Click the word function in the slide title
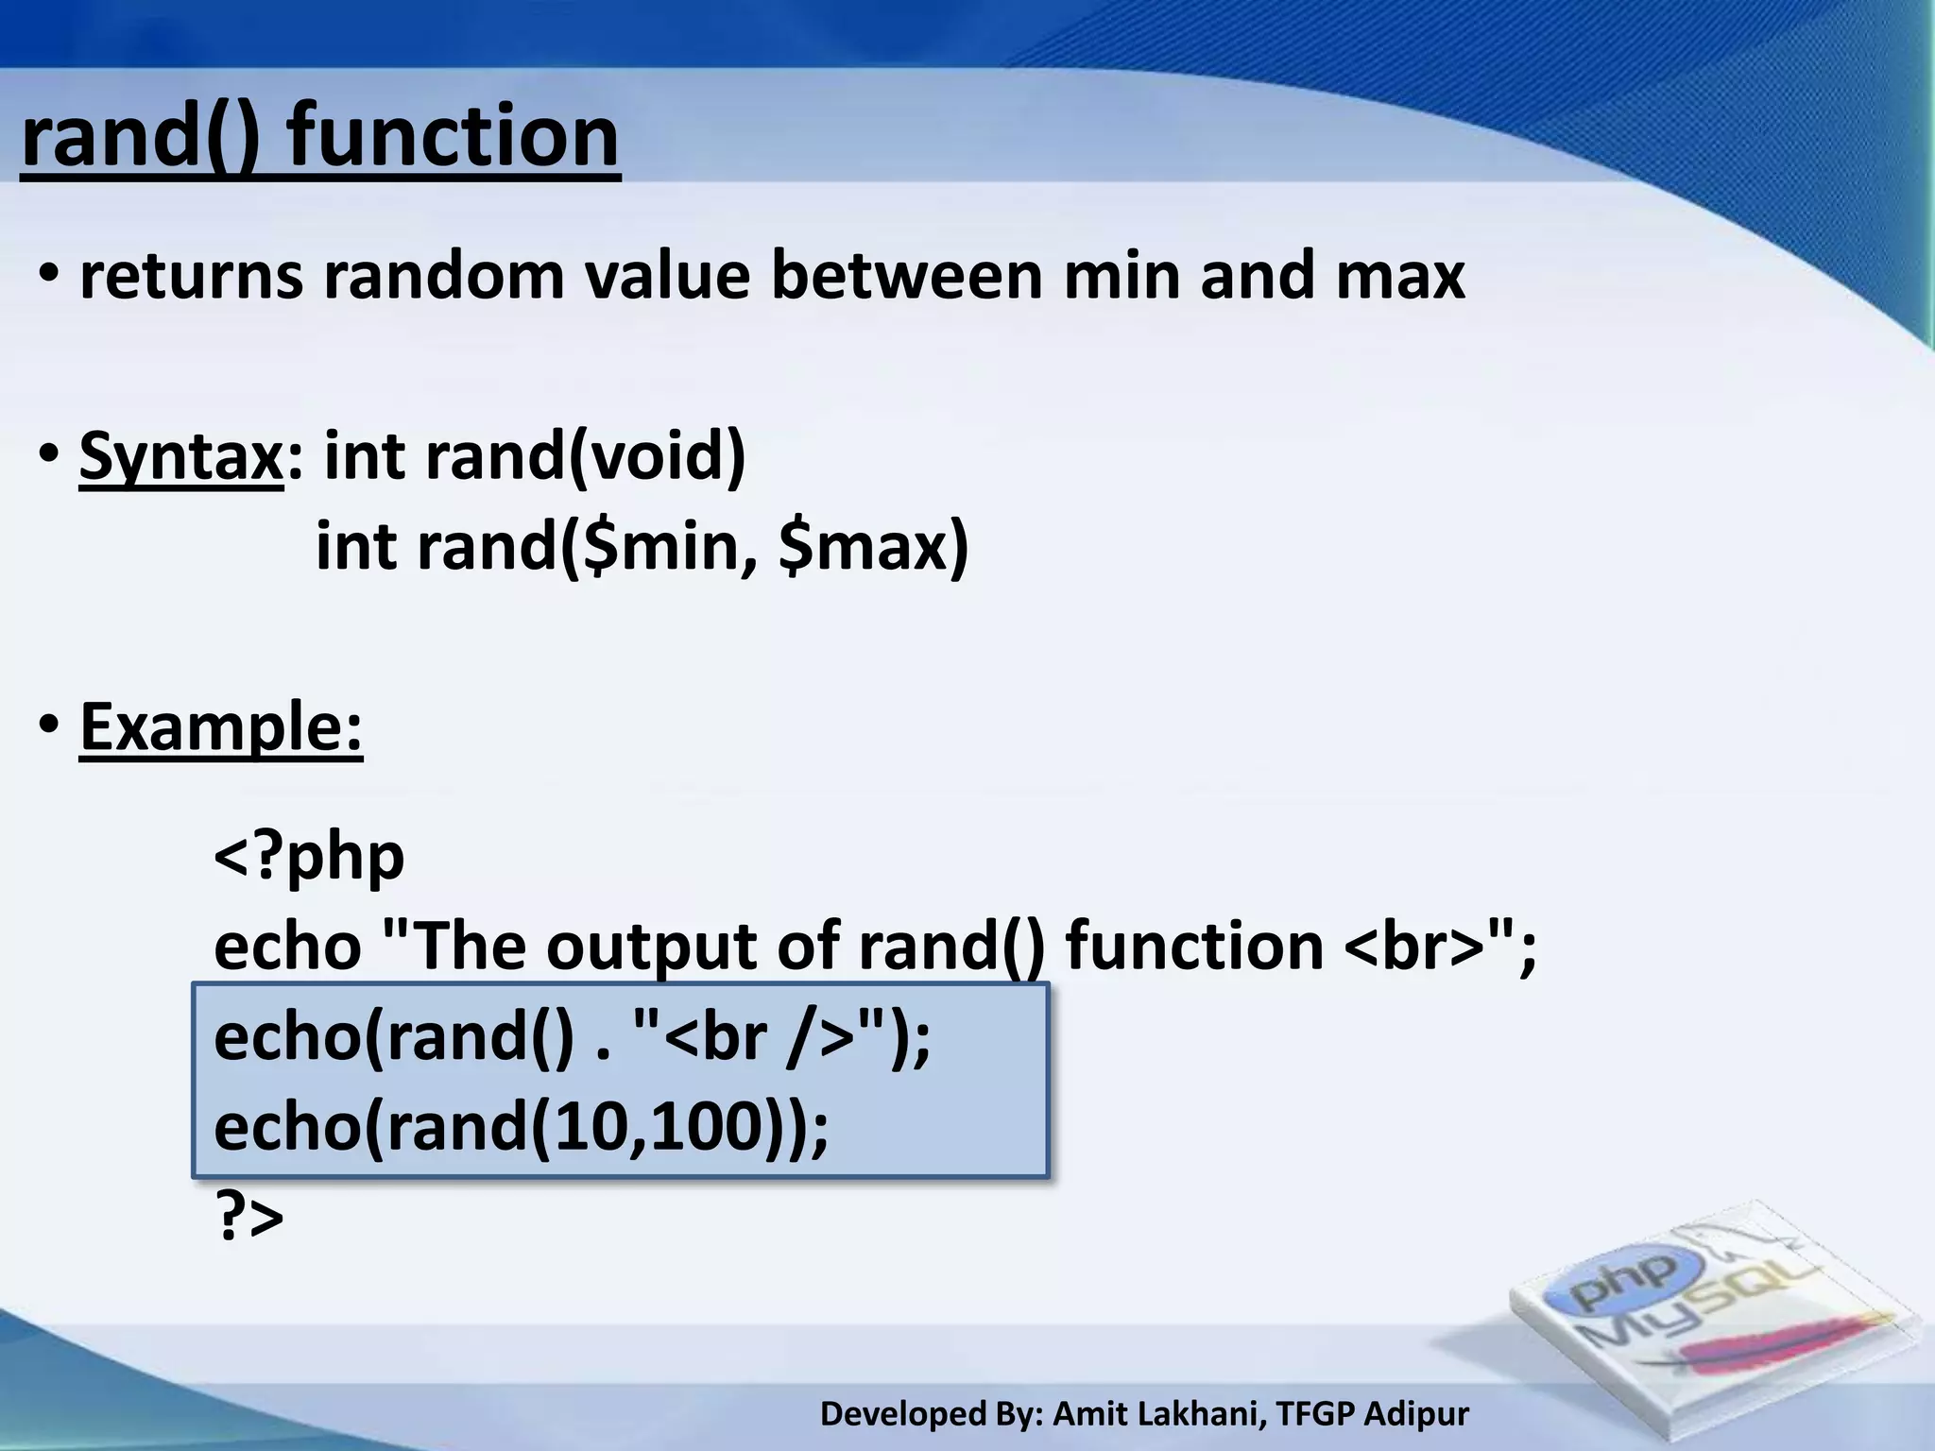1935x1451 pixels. [454, 137]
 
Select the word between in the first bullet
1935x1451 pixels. [907, 276]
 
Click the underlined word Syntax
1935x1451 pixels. [180, 455]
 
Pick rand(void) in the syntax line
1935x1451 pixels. [586, 455]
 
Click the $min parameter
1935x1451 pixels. [661, 547]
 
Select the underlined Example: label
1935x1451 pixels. [221, 726]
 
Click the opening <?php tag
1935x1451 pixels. [309, 856]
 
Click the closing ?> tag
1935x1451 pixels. [249, 1218]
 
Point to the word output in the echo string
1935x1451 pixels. [651, 947]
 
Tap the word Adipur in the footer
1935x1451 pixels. [1416, 1414]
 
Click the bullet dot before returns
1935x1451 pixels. [49, 276]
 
